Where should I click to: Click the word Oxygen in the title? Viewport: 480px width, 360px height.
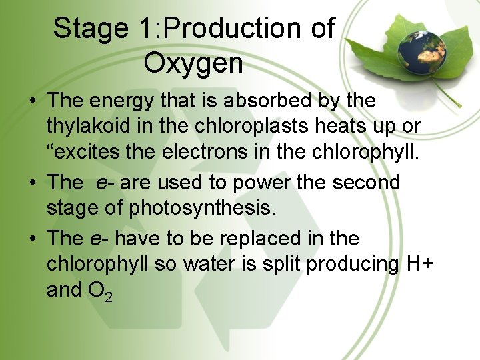(193, 64)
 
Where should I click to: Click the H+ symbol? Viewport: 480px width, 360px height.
(419, 264)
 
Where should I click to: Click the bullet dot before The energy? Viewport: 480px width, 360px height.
(32, 102)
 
